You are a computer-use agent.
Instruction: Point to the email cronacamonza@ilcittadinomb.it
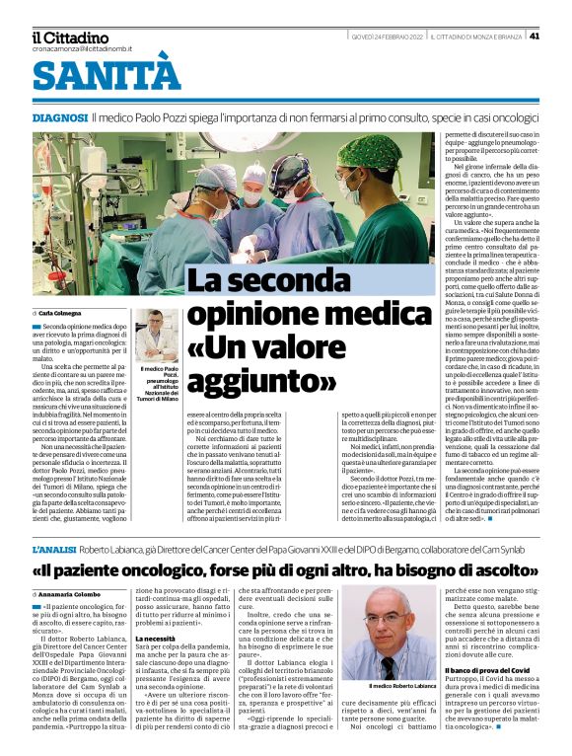(x=81, y=48)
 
